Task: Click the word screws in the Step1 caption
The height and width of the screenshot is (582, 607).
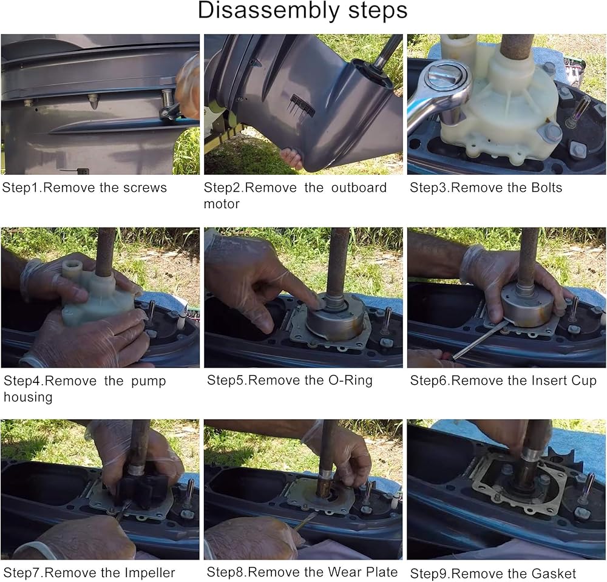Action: [145, 188]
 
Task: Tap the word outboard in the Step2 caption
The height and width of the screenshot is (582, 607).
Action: [359, 188]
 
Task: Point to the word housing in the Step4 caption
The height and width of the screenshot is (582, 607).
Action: [28, 398]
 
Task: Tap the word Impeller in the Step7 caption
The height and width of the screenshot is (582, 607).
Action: [151, 573]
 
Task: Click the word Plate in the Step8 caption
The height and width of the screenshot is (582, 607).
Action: [382, 572]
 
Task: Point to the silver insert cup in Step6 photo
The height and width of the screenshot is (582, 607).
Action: [525, 305]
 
